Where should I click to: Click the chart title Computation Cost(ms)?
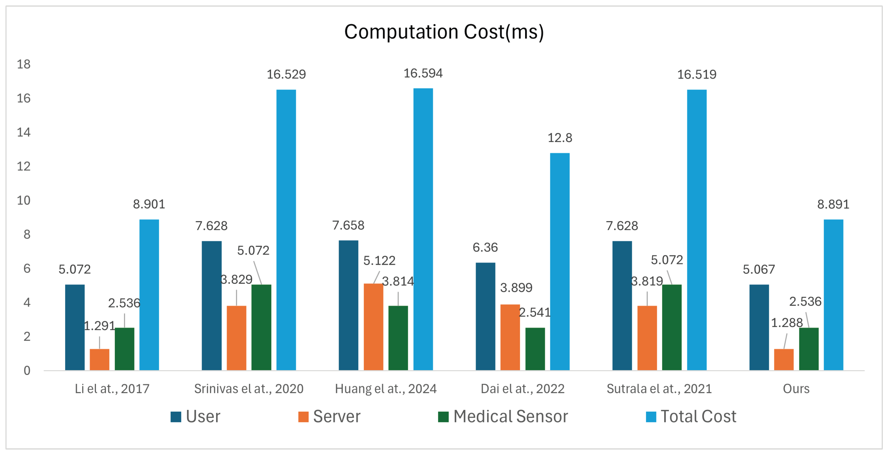click(444, 32)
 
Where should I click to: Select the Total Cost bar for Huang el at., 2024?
click(423, 229)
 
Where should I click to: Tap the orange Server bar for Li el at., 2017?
click(100, 360)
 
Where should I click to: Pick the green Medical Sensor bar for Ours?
click(809, 349)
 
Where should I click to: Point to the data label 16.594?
click(423, 73)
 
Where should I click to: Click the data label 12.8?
click(560, 138)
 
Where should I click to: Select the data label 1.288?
click(787, 322)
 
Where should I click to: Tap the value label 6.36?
click(485, 247)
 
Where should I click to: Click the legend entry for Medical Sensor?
click(503, 416)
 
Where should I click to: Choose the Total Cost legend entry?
click(691, 416)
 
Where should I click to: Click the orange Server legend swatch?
click(303, 417)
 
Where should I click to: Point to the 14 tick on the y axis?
click(24, 132)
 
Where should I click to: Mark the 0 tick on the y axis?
click(27, 370)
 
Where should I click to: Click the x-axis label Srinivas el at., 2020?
click(248, 389)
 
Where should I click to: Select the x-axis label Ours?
click(796, 389)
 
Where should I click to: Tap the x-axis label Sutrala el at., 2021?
click(659, 389)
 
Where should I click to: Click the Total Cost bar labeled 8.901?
click(149, 295)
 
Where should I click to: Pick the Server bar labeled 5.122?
click(373, 327)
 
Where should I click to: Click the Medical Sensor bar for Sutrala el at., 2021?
click(672, 327)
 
